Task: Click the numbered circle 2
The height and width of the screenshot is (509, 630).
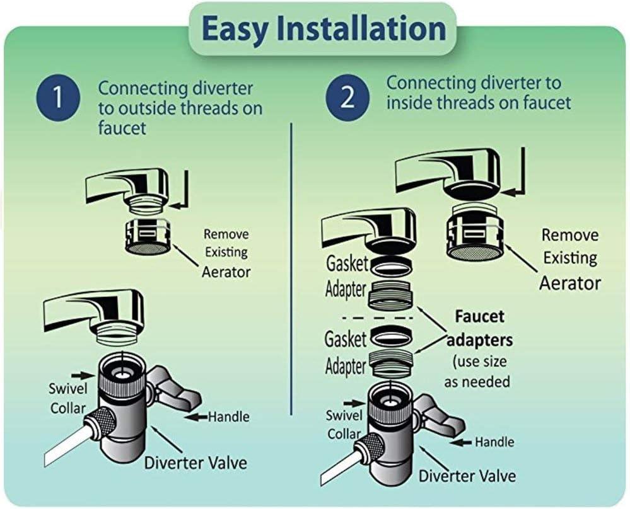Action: [x=347, y=100]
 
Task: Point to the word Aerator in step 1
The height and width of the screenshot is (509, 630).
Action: [x=226, y=272]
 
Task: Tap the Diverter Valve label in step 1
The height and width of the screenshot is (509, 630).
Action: [x=195, y=464]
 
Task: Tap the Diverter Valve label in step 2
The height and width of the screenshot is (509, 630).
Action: [x=467, y=475]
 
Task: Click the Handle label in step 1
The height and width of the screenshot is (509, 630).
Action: [x=228, y=416]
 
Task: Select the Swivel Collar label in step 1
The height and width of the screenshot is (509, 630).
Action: [x=67, y=399]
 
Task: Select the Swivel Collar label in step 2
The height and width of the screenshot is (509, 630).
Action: [x=344, y=425]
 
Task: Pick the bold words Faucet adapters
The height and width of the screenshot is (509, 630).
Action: [x=479, y=328]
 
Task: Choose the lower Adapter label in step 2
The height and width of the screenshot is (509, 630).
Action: [x=346, y=367]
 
